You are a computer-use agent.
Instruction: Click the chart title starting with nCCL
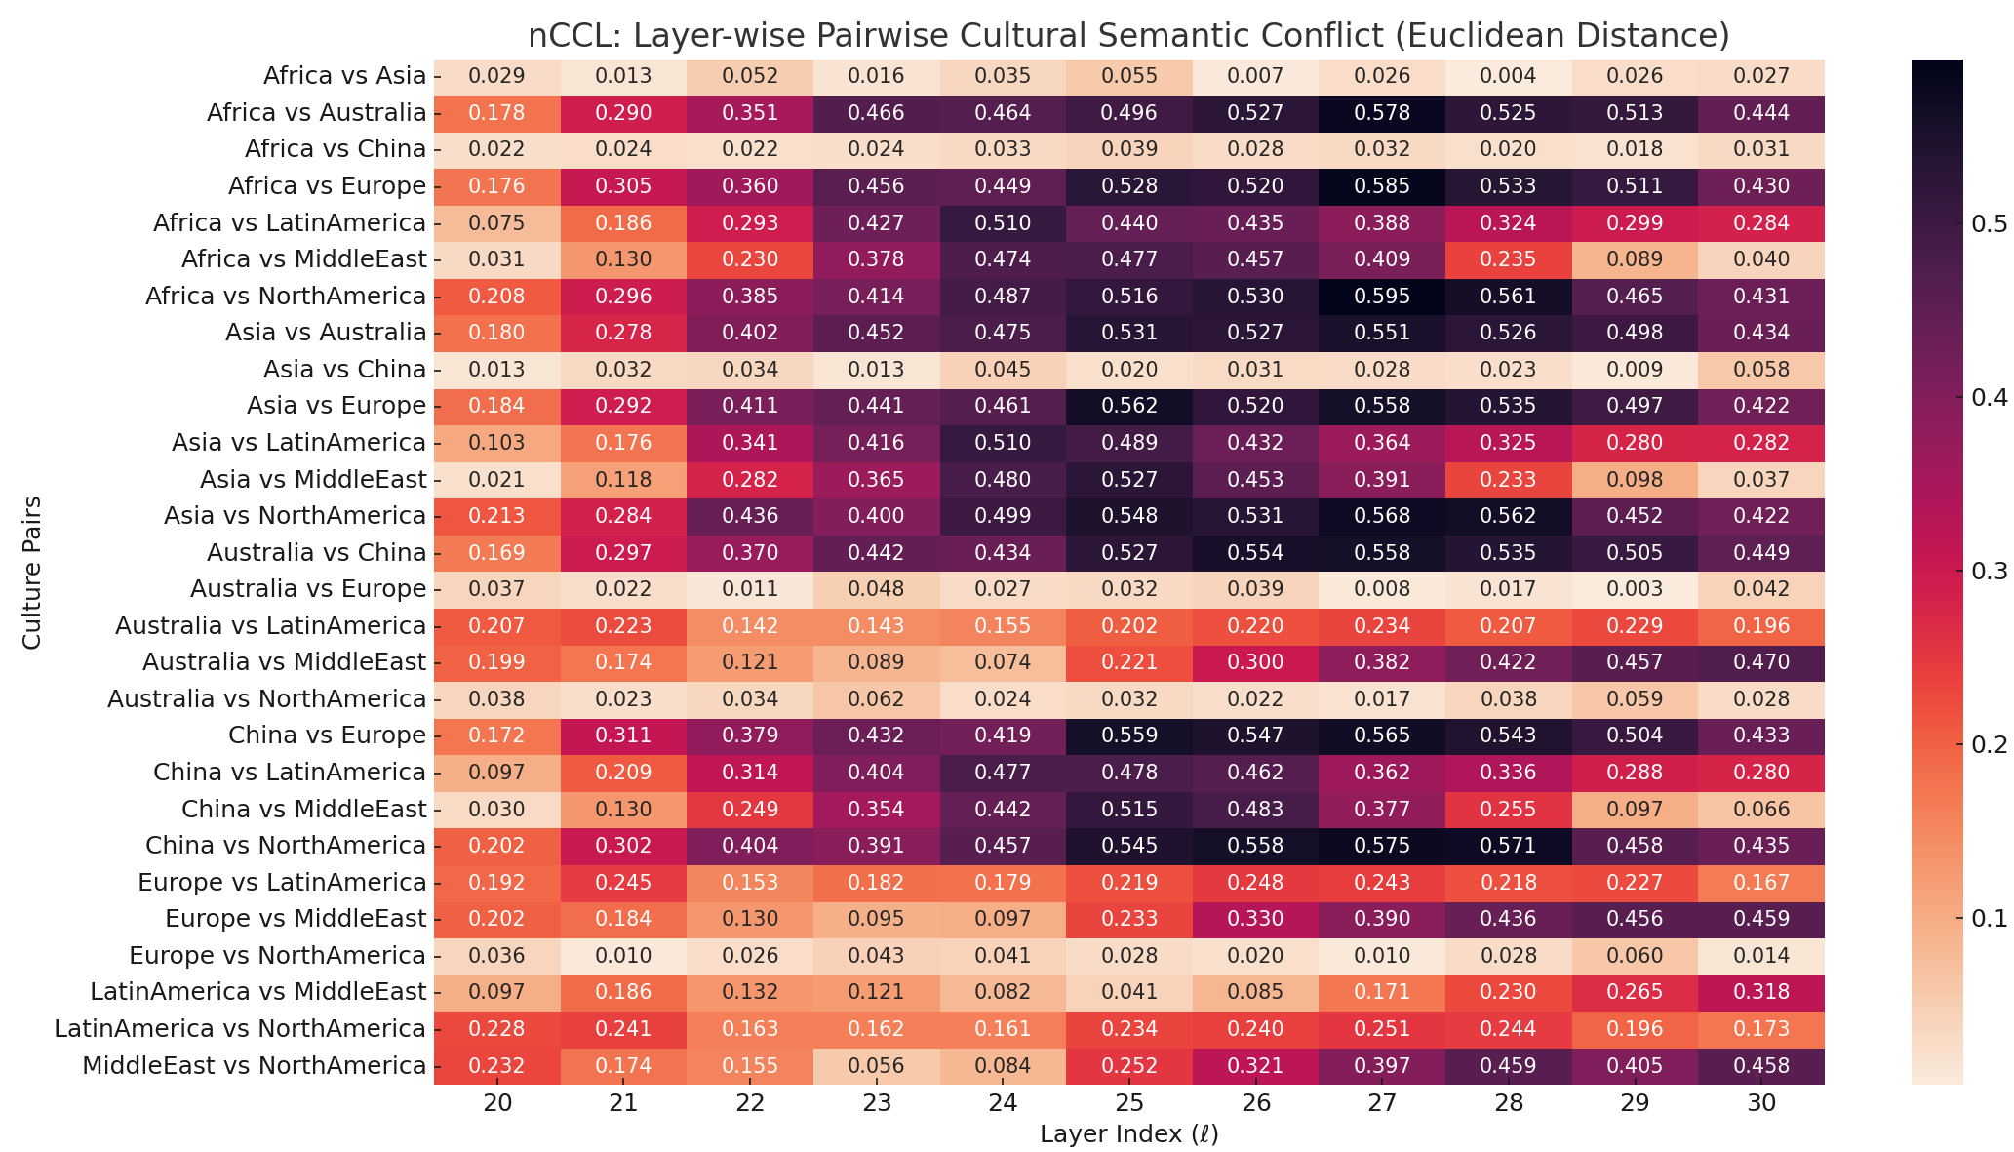(x=1128, y=36)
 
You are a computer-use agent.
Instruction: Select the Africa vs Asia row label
(x=344, y=76)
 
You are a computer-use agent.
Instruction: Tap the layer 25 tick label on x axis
(x=1129, y=1103)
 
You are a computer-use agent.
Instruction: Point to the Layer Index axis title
(x=1128, y=1134)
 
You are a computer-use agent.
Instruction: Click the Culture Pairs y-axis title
(x=32, y=572)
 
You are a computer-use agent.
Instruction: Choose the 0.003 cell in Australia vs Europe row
(x=1635, y=589)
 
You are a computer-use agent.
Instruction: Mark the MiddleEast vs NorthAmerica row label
(x=254, y=1065)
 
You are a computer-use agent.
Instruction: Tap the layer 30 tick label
(x=1761, y=1103)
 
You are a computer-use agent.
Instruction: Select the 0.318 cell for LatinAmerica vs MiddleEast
(x=1761, y=992)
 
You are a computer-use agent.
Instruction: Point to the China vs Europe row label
(x=327, y=735)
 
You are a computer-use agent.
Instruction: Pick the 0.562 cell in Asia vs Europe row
(x=1129, y=406)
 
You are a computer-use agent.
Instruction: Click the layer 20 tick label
(x=497, y=1103)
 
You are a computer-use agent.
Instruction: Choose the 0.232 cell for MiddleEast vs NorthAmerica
(x=497, y=1065)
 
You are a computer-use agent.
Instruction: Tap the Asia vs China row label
(x=344, y=369)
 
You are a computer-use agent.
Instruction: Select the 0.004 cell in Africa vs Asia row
(x=1509, y=76)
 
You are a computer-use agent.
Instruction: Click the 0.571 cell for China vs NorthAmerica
(x=1509, y=846)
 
